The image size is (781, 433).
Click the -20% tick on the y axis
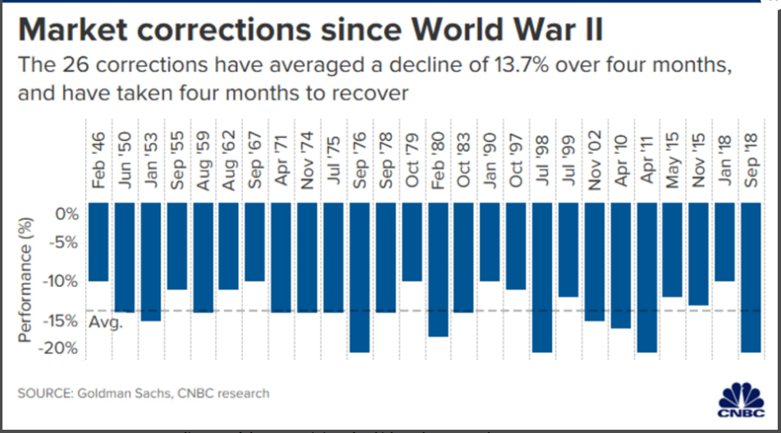click(61, 349)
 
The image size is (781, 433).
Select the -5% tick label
click(64, 243)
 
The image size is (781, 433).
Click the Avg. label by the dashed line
click(106, 322)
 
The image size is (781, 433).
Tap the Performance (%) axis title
click(28, 279)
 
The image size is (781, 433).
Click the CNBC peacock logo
click(742, 399)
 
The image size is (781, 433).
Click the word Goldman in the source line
click(107, 394)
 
